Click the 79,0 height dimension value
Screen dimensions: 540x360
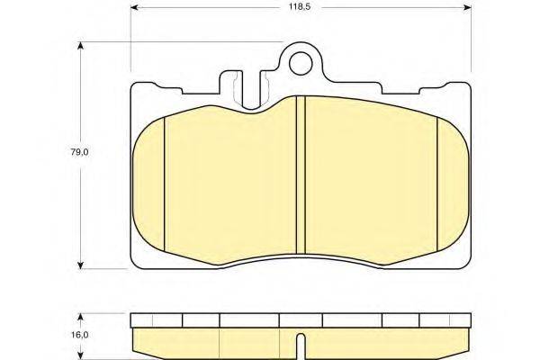(x=79, y=152)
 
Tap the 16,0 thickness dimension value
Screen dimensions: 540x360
(x=80, y=335)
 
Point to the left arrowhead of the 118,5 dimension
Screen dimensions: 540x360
(x=134, y=7)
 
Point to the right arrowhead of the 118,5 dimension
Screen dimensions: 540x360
(x=468, y=7)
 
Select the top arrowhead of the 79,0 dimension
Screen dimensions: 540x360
(x=80, y=46)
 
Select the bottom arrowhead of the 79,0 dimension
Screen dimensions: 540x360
(x=80, y=265)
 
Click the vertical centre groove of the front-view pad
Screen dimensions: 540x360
(x=301, y=175)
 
